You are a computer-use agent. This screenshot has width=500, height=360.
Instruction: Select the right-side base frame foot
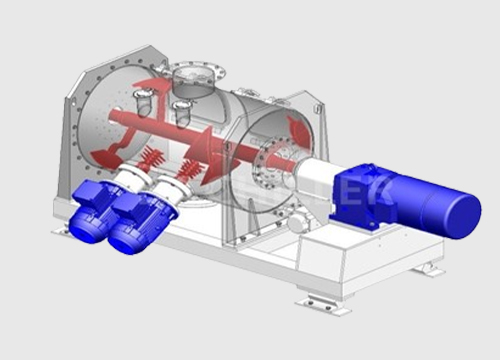429,268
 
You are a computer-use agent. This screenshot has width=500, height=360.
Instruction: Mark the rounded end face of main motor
465,215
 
